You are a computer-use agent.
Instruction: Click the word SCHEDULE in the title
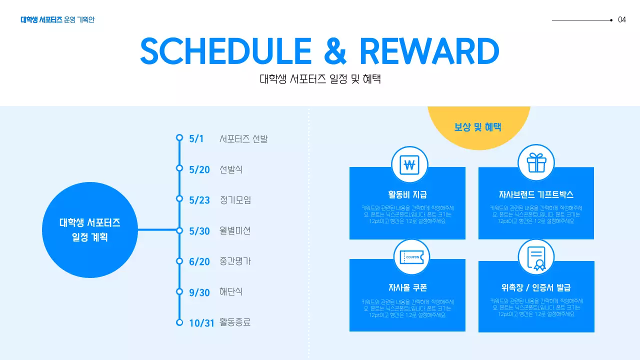tap(226, 50)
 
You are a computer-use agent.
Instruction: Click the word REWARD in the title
tap(429, 50)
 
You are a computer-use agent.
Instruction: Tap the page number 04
tap(622, 20)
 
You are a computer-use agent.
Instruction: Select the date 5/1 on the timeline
tap(196, 138)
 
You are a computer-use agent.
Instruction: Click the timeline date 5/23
tap(199, 200)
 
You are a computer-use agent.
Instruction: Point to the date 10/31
tap(201, 323)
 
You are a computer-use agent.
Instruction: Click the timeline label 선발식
tap(231, 169)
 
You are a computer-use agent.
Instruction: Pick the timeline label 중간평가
tap(235, 261)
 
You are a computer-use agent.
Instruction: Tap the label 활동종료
tap(235, 322)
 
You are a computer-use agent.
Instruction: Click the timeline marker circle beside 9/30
tap(179, 291)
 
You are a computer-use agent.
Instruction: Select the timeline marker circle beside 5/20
tap(179, 168)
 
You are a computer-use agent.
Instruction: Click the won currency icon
tap(410, 164)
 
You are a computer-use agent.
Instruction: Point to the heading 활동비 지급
tap(407, 194)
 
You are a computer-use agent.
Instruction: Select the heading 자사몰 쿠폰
tap(407, 287)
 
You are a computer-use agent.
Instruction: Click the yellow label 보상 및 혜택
tap(478, 127)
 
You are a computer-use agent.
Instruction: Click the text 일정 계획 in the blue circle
tap(90, 237)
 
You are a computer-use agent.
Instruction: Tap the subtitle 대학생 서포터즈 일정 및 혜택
tap(320, 79)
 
